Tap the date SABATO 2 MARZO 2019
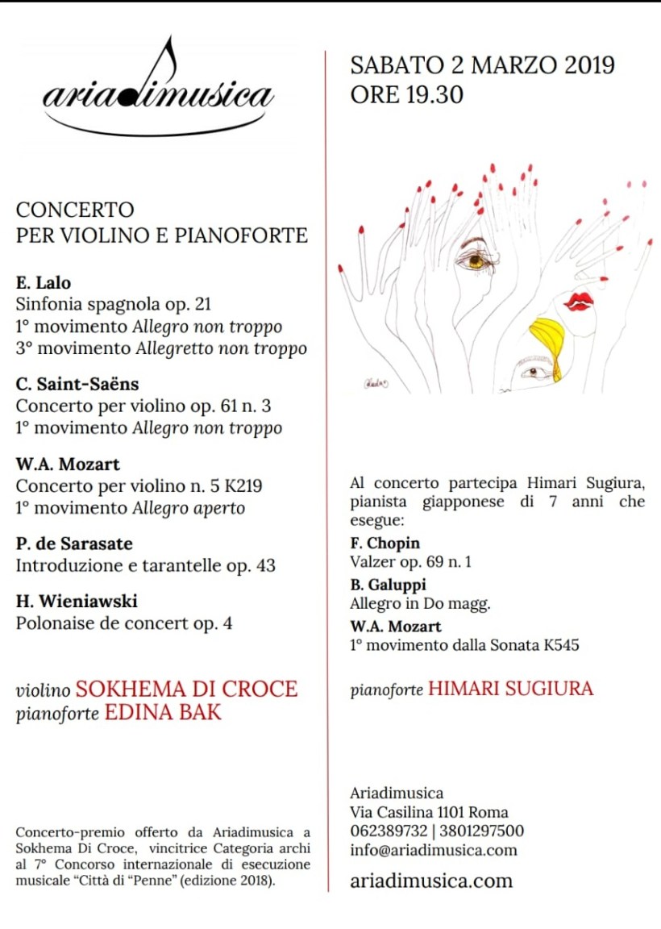(482, 65)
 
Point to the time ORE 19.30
(406, 94)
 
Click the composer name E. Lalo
(44, 283)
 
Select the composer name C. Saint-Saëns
(77, 385)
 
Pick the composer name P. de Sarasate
(74, 544)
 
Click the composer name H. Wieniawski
(77, 602)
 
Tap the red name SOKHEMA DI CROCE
(186, 689)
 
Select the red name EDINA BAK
(163, 713)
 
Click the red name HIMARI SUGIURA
(510, 689)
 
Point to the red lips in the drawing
(578, 302)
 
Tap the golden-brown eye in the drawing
(476, 260)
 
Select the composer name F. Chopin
(385, 544)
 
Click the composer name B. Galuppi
(388, 585)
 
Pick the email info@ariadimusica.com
(434, 850)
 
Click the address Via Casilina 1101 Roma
(429, 812)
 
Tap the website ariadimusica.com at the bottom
(431, 880)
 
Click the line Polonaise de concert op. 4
(124, 623)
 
